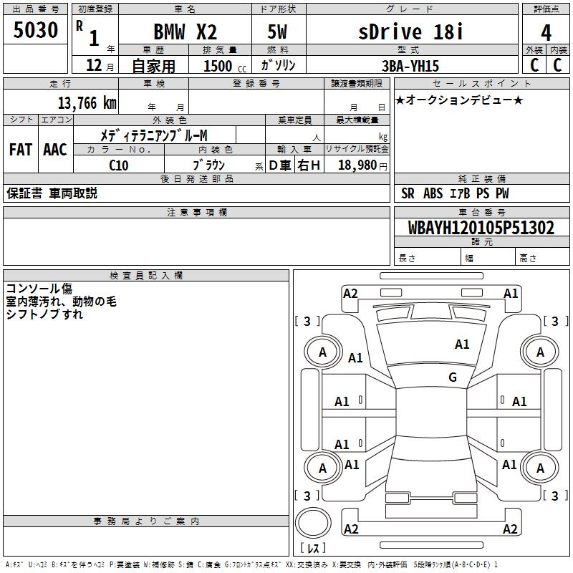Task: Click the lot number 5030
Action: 35,31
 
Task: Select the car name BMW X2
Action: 185,33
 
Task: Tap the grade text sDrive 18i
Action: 410,32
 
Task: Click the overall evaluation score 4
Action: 546,33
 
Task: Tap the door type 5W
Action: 278,33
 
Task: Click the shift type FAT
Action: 21,150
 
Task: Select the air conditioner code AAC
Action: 55,150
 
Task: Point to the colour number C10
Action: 119,165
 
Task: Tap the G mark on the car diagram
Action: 453,377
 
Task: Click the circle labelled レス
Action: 313,532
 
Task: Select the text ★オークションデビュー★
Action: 459,100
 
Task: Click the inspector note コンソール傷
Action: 39,289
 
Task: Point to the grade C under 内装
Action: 557,64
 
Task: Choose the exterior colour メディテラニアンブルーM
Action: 153,135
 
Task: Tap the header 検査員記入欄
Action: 146,275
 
